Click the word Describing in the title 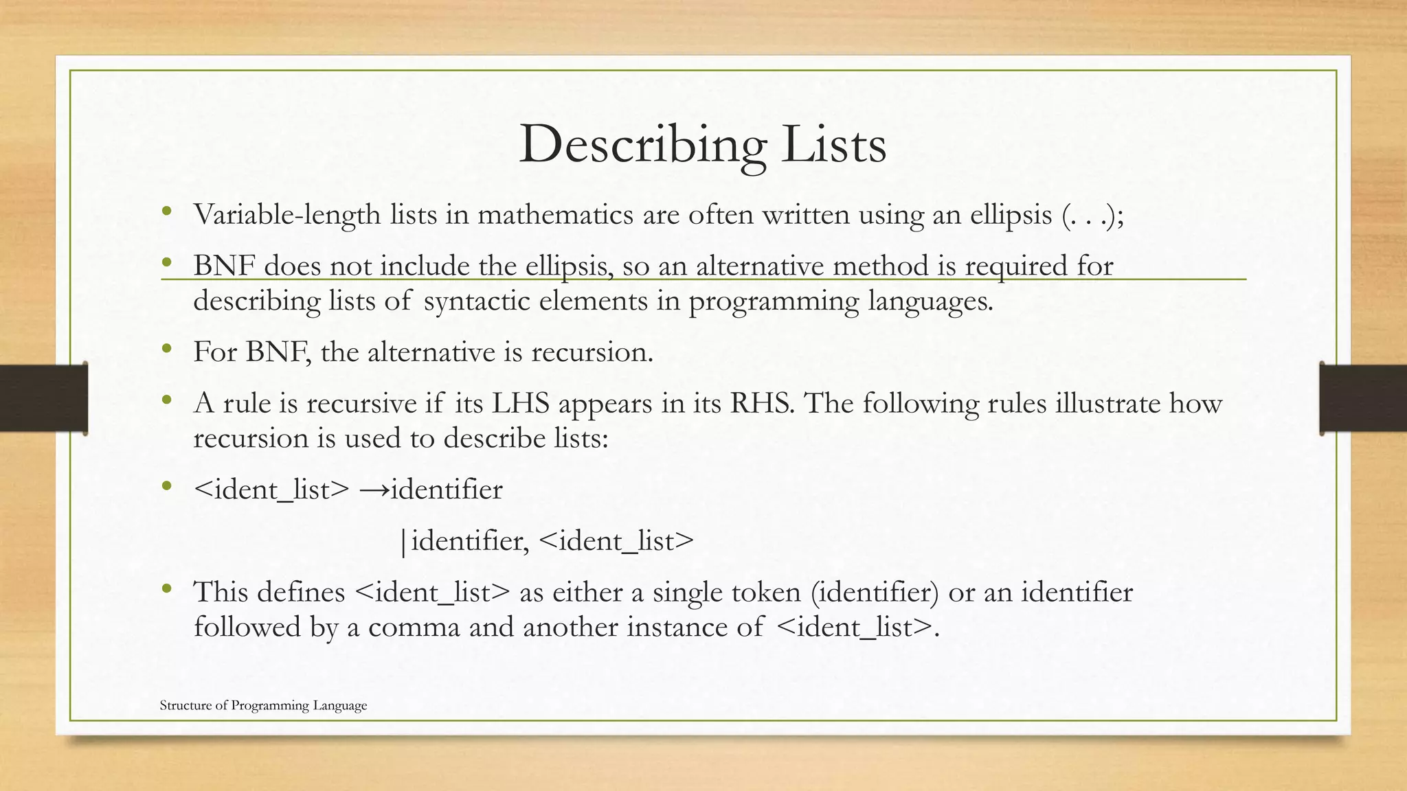coord(642,146)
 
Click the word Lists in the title coord(833,146)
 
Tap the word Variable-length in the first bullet coord(286,215)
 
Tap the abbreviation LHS coord(520,404)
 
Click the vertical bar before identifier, coord(403,542)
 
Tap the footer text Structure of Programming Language coord(263,705)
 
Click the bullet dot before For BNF coord(166,349)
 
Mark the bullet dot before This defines coord(166,590)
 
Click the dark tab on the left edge coord(43,398)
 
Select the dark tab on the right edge coord(1363,398)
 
